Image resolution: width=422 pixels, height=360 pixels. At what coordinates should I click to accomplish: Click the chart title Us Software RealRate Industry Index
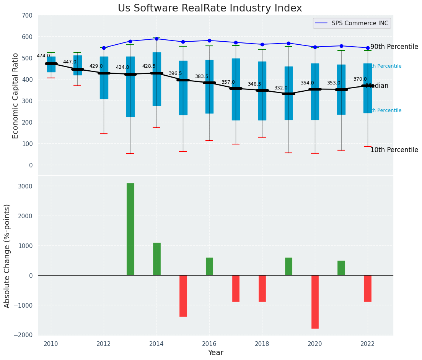(x=210, y=8)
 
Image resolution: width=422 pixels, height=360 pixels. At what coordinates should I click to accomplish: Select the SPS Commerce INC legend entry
(x=352, y=23)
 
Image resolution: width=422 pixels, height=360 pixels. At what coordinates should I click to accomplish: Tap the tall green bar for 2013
(x=130, y=229)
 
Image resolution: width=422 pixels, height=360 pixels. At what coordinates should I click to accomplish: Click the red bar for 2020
(x=315, y=302)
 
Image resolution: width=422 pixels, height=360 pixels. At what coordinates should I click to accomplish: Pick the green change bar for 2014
(x=157, y=259)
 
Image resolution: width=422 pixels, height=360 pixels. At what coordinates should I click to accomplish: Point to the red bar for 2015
(x=183, y=295)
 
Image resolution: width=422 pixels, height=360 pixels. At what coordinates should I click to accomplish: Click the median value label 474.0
(x=43, y=56)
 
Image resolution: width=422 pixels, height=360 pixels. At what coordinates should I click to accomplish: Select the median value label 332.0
(x=280, y=88)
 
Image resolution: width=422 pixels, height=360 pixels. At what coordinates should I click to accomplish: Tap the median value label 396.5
(x=175, y=73)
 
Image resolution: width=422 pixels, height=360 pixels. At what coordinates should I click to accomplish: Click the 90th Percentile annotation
(x=394, y=47)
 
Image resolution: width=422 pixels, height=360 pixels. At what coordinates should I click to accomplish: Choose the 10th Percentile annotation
(x=394, y=150)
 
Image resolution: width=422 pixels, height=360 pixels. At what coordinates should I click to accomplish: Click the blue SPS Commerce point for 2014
(x=156, y=39)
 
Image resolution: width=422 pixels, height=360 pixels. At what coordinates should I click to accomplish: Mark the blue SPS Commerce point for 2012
(x=104, y=48)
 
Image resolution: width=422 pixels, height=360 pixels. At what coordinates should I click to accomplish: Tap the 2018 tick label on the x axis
(x=262, y=344)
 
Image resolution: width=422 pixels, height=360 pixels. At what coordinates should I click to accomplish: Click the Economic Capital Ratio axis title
(x=16, y=96)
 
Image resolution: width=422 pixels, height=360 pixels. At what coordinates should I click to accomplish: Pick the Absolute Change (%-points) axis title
(x=7, y=256)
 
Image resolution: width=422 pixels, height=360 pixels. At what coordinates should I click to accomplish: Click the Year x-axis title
(x=215, y=353)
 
